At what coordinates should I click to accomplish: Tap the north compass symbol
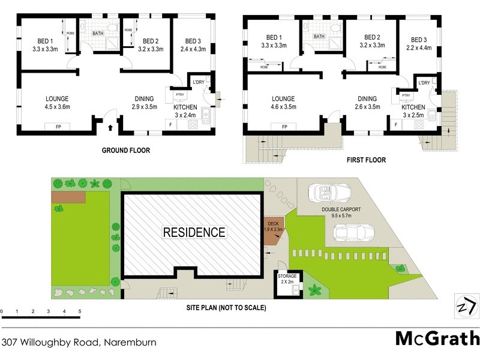[x=467, y=307]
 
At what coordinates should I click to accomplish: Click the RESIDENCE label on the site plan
[x=193, y=232]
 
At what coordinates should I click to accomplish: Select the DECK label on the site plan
[x=273, y=226]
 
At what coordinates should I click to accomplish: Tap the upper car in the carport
[x=326, y=193]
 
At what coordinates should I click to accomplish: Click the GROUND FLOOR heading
[x=125, y=151]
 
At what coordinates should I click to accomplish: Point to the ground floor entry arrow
[x=110, y=127]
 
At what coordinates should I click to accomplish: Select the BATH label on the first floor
[x=319, y=37]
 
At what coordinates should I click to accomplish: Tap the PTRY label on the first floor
[x=406, y=95]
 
